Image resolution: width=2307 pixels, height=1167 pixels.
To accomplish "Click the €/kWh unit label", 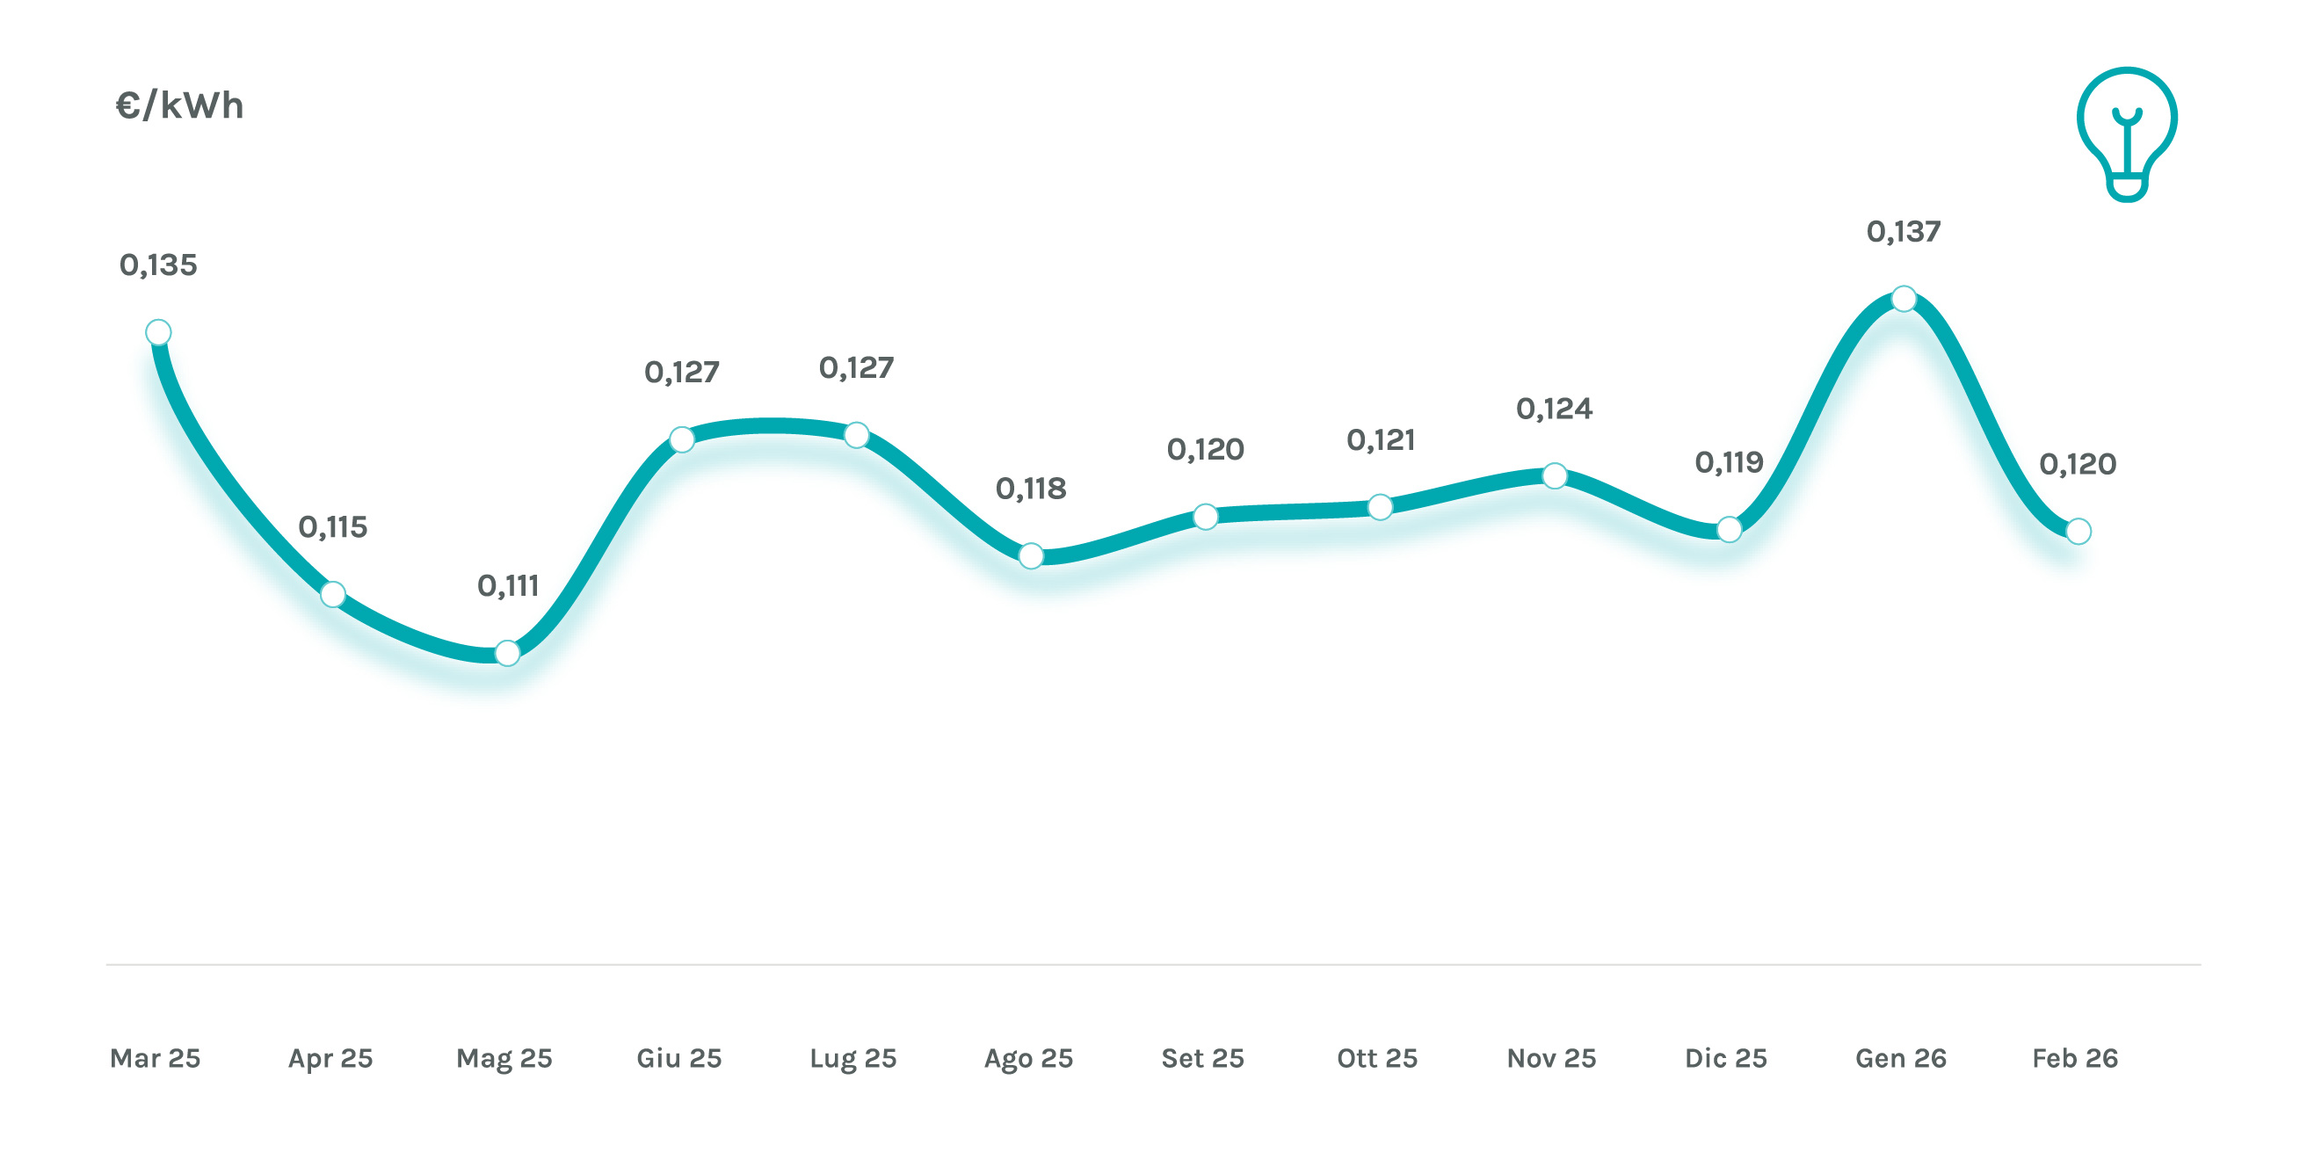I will point(179,105).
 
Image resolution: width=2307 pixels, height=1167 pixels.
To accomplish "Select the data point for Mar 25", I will point(158,332).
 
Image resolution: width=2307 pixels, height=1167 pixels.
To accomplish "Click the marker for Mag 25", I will point(507,653).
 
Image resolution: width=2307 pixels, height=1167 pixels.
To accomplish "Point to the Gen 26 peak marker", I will point(1903,298).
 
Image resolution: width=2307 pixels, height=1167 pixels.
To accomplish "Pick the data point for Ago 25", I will point(1031,555).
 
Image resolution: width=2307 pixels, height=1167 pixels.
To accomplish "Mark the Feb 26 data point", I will point(2078,531).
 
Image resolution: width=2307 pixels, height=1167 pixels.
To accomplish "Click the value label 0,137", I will point(1903,232).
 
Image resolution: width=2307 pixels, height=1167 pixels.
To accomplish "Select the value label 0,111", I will point(508,586).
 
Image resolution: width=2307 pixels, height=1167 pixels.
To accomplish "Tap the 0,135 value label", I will point(158,265).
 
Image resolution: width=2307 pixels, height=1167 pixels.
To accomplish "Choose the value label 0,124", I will point(1554,410).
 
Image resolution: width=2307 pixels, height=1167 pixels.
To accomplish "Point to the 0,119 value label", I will point(1729,462).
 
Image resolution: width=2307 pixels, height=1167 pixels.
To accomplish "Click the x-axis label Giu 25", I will point(678,1058).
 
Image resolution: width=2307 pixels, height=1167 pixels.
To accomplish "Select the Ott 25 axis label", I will point(1376,1058).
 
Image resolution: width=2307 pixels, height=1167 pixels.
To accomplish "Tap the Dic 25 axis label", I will point(1726,1058).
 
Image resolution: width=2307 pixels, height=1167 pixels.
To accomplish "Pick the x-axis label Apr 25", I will point(330,1058).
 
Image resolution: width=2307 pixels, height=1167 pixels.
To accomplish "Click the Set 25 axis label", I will point(1203,1058).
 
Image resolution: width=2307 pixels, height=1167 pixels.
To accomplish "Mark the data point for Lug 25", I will point(856,435).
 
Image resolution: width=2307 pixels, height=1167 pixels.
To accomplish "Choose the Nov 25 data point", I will point(1555,475).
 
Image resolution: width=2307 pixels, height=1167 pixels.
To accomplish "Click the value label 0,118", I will point(1031,489).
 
